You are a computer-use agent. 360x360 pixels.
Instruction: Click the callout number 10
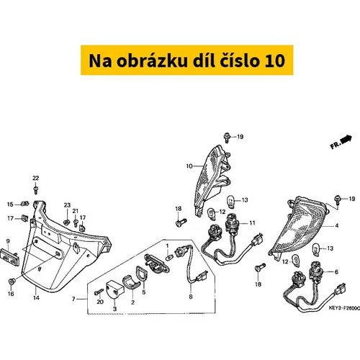tap(189, 166)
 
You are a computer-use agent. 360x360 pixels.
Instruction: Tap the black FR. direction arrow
tap(346, 140)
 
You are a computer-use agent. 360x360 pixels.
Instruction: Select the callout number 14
tap(36, 297)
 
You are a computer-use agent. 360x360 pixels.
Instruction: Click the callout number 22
tap(35, 178)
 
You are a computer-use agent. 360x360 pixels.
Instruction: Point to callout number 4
tap(337, 225)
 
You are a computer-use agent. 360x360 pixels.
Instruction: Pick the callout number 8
tap(191, 297)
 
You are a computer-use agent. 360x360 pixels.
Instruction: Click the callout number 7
tap(73, 299)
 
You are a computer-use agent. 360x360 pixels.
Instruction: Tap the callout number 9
tap(8, 241)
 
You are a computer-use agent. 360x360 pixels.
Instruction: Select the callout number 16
tap(11, 294)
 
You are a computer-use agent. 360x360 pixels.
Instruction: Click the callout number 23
tap(67, 205)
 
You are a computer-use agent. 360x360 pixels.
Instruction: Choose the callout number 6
tap(336, 272)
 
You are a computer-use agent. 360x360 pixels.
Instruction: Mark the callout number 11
tap(252, 223)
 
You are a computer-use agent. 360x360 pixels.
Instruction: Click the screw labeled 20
tap(99, 292)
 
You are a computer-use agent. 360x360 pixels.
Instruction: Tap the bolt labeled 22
tap(36, 189)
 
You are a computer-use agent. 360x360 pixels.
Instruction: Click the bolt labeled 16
tap(12, 282)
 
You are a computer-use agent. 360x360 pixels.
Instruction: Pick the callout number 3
tap(114, 309)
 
